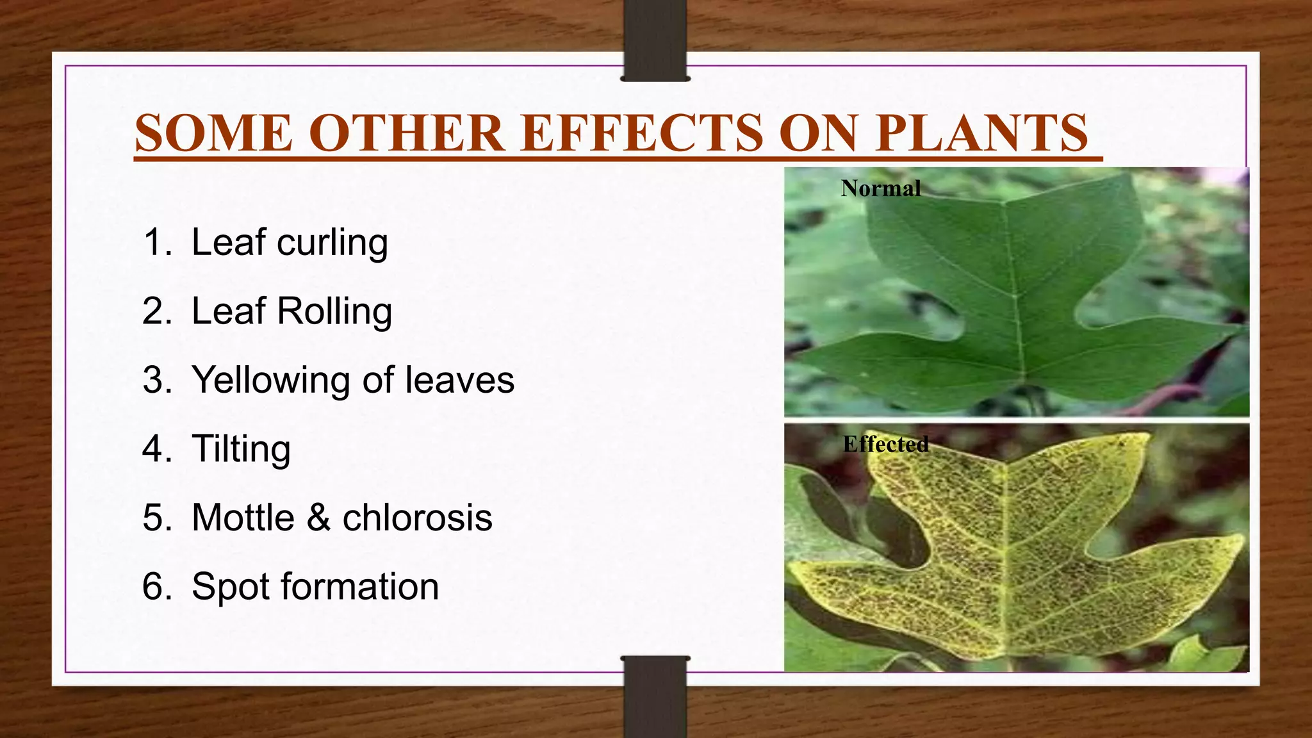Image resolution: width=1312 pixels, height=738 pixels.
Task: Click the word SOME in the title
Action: (x=213, y=133)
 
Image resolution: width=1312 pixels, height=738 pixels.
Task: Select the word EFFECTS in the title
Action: (x=641, y=133)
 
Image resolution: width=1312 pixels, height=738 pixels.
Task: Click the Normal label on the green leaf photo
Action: (x=881, y=188)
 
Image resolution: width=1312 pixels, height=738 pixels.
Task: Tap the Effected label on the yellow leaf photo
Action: (x=885, y=444)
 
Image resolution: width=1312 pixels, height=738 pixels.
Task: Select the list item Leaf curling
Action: (x=290, y=243)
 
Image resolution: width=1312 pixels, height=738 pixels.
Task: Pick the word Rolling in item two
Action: (x=334, y=311)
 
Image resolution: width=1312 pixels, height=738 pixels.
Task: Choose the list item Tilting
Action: (x=241, y=448)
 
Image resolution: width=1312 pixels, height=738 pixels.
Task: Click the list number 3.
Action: (x=155, y=380)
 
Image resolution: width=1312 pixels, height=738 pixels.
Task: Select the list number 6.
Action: (x=155, y=586)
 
